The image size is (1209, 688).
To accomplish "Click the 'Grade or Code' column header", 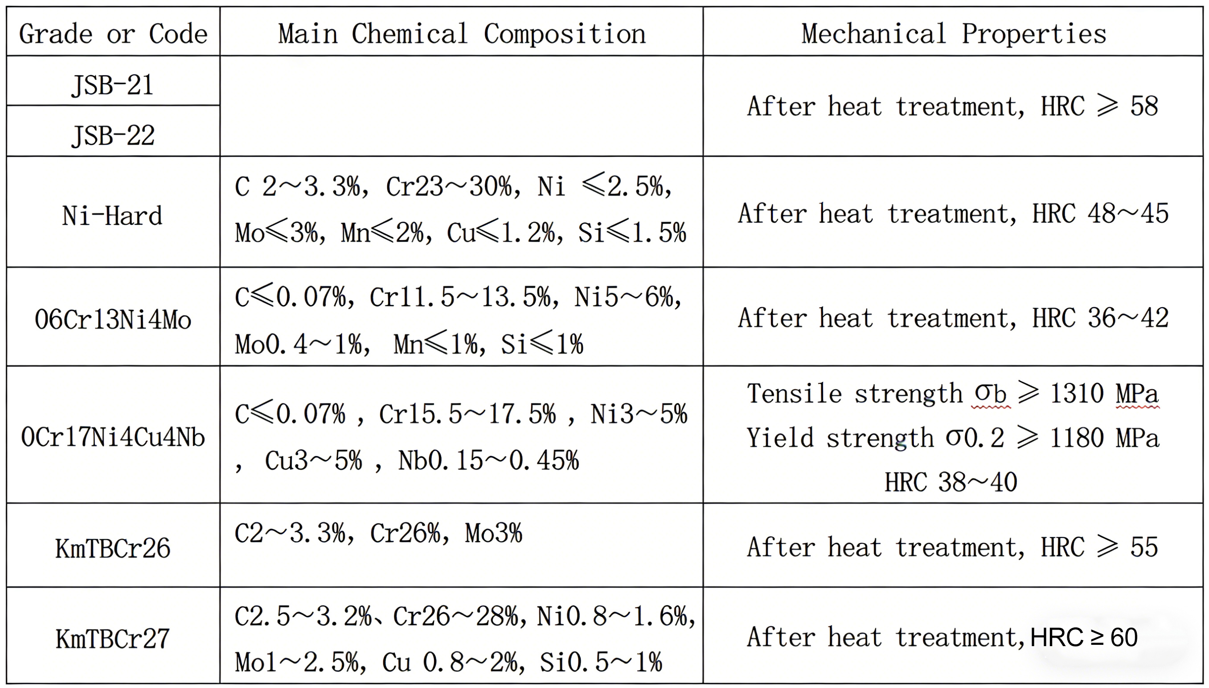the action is (113, 34).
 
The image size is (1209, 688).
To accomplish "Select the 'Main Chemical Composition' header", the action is (462, 34).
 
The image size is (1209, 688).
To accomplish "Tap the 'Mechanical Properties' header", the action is (954, 34).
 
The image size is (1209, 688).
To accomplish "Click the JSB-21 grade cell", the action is (113, 85).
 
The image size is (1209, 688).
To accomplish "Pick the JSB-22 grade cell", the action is (113, 136).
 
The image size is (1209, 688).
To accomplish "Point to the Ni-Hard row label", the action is (112, 216).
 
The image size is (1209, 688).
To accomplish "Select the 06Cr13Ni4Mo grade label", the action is (113, 319).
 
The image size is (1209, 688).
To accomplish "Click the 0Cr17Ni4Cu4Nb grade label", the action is (113, 437).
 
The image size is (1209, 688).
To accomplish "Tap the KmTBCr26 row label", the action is (113, 549).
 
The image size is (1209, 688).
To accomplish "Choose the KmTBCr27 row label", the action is (113, 639).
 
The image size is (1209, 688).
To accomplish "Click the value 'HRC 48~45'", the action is (1100, 214).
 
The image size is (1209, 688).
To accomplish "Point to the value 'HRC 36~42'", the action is (1100, 318).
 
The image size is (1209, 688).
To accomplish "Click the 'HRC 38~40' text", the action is (951, 482).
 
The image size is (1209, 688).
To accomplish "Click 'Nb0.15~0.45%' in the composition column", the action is (488, 461).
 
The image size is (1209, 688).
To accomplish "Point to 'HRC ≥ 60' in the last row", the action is (1084, 637).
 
